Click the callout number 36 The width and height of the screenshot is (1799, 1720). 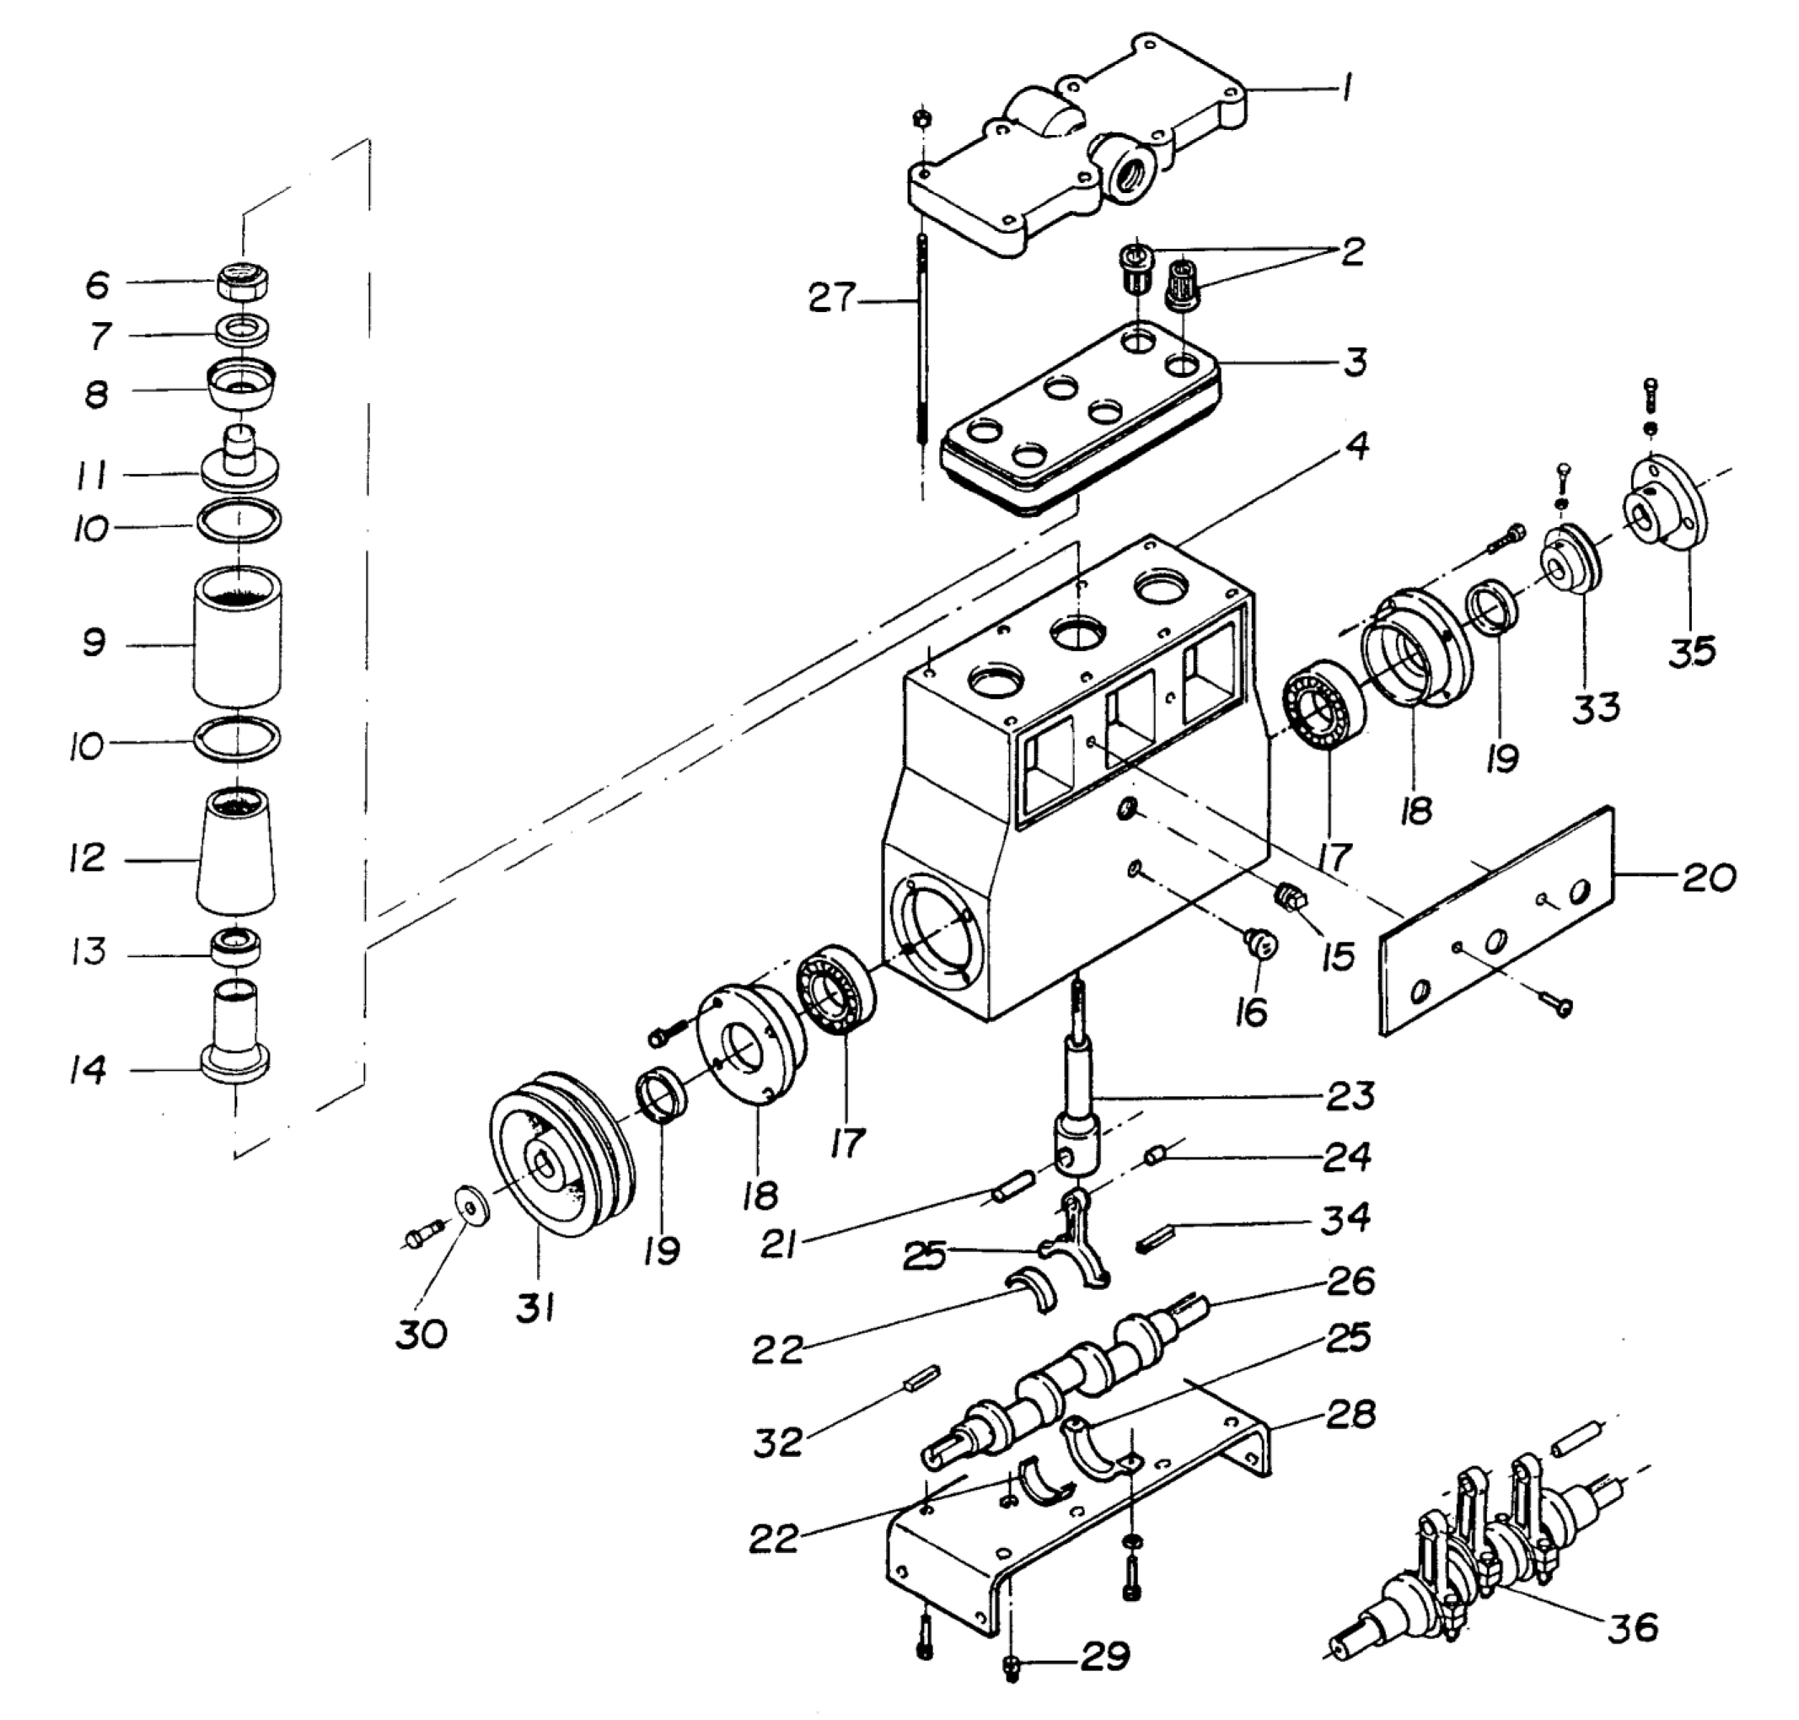pos(1633,1627)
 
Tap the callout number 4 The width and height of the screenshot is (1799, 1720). pos(1357,447)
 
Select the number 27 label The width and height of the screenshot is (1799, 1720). pos(832,298)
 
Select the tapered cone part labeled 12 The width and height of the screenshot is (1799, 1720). pos(237,851)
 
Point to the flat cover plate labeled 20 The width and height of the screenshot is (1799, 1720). pos(1497,920)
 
